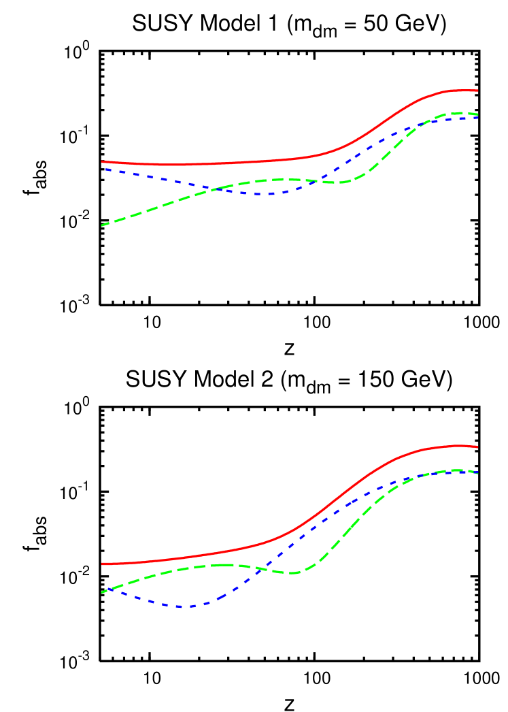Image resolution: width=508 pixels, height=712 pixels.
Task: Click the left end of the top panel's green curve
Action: tap(102, 225)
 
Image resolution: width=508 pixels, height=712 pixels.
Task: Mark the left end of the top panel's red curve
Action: tap(102, 161)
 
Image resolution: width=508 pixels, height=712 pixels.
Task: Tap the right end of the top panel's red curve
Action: tap(477, 90)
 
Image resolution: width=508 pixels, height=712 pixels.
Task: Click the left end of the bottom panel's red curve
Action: tap(102, 564)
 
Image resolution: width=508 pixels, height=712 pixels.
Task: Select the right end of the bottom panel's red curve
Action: tap(477, 447)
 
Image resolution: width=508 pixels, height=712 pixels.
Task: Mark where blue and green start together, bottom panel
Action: tap(103, 592)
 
